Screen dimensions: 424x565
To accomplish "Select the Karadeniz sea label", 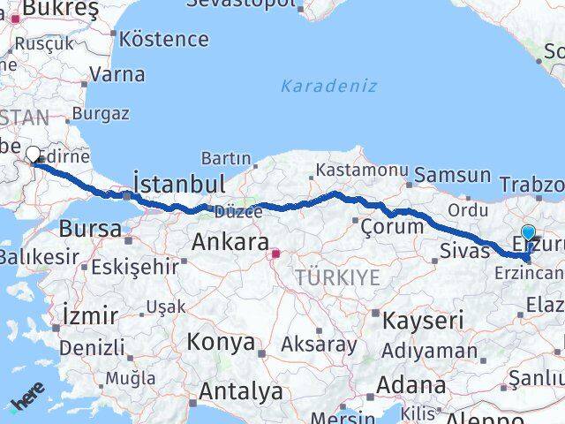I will point(328,86).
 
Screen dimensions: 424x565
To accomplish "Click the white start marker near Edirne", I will point(34,155).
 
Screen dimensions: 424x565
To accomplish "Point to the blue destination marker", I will point(528,234).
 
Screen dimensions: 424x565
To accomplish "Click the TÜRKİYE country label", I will point(338,277).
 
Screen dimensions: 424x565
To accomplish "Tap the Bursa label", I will point(90,228).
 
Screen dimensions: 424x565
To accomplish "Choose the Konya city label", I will point(221,342).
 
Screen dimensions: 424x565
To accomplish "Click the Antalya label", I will point(241,390).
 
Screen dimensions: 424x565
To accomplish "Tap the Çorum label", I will point(393,226).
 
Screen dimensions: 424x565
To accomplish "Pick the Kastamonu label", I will point(361,170).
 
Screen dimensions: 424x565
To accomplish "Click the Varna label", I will point(117,74).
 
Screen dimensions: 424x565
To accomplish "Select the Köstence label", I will point(164,40).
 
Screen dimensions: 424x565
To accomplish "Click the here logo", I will point(26,405).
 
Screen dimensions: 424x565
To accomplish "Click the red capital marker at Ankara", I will point(275,254).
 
